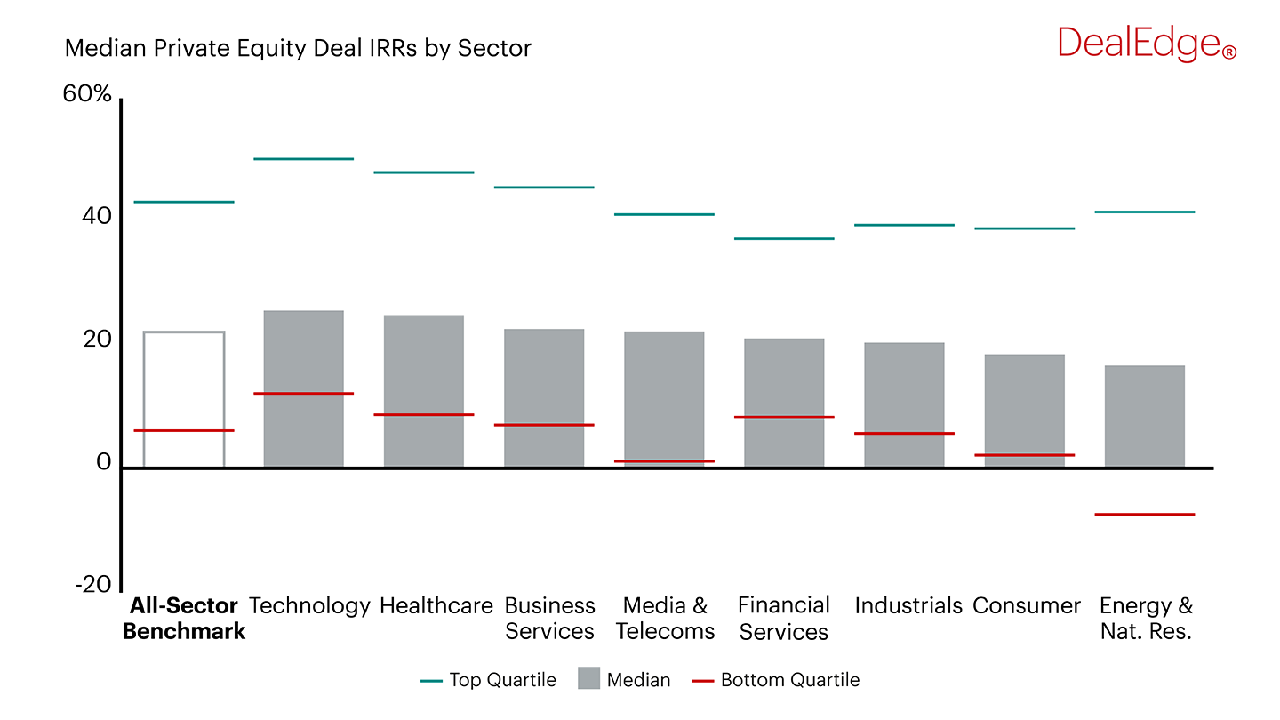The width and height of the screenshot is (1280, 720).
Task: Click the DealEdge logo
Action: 1146,44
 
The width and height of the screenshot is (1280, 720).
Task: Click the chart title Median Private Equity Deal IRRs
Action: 298,48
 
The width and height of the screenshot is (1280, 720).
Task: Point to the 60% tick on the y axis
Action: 87,93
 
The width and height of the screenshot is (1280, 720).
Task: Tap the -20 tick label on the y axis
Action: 93,585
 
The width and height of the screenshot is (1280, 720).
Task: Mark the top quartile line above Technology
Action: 303,159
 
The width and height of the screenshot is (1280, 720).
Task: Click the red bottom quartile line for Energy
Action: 1144,515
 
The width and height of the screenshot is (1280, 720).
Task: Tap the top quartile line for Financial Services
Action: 784,239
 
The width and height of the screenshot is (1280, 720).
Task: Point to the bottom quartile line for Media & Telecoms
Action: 664,461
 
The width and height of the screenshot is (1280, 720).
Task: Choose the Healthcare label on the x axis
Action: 436,606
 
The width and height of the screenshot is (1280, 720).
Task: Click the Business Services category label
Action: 549,619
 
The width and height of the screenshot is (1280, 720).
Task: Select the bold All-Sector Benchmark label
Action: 184,619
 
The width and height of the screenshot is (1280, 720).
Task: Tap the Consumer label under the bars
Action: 1027,606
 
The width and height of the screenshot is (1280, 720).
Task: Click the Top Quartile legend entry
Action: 488,680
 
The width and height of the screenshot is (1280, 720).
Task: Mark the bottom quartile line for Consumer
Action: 1024,455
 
